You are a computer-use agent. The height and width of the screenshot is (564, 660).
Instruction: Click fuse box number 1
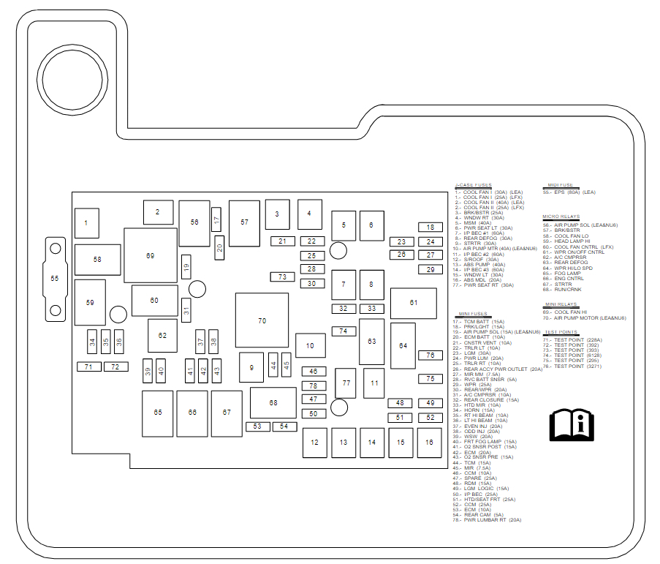[86, 223]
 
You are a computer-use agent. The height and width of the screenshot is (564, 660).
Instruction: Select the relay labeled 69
[151, 255]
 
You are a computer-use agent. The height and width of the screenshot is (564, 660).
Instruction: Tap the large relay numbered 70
[262, 320]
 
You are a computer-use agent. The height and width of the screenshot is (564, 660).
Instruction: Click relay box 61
[413, 303]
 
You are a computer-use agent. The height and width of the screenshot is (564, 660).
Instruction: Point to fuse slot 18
[430, 228]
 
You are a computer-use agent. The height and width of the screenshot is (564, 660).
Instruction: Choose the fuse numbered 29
[430, 269]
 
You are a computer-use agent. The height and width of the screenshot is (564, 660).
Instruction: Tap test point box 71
[88, 366]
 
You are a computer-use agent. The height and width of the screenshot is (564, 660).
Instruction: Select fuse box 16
[429, 442]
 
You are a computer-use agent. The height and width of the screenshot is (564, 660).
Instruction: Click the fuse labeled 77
[346, 383]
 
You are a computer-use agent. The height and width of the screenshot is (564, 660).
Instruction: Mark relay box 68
[273, 402]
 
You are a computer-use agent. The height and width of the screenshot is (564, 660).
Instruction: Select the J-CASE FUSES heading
[473, 185]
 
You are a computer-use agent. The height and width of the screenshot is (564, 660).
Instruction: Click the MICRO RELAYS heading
[561, 217]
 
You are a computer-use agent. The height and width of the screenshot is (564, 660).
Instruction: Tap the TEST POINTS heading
[561, 332]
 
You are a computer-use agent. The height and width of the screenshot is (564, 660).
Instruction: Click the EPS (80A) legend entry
[570, 192]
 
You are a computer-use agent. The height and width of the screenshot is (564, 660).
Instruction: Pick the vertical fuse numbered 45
[287, 364]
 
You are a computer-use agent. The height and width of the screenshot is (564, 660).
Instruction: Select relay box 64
[403, 345]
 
